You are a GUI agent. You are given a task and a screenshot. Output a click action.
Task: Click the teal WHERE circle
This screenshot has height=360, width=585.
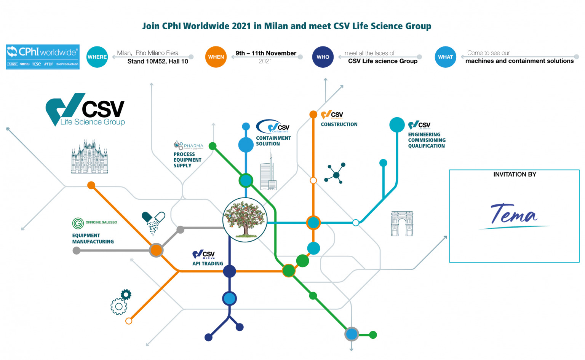coord(97,57)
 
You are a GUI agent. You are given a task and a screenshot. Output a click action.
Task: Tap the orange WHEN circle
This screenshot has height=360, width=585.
coord(216,57)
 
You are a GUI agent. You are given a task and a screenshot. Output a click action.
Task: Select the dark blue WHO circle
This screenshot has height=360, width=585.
coord(323,57)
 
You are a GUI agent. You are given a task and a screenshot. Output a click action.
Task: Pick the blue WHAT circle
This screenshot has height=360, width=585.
coord(445,57)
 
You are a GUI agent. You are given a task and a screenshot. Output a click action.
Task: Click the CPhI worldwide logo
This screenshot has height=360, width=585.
coord(43,57)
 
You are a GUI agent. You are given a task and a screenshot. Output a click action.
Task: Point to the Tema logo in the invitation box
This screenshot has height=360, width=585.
coord(514,215)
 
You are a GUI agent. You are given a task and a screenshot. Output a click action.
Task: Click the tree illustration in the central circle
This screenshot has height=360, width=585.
coord(245,220)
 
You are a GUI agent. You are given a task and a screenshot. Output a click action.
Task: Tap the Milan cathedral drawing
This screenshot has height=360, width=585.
coord(90,157)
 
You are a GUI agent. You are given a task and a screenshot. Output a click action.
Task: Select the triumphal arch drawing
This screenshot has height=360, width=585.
coord(402,224)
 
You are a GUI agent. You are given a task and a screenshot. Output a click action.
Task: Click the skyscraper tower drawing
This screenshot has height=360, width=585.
coord(269,173)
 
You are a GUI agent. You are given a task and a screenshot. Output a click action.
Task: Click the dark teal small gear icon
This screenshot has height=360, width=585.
coord(126,294)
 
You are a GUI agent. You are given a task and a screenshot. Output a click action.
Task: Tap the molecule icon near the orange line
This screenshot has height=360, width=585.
coord(336,174)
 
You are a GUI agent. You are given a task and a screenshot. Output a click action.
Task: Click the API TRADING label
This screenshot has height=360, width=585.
coord(208,264)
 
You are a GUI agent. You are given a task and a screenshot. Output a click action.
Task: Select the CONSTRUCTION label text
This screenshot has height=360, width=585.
coord(339,124)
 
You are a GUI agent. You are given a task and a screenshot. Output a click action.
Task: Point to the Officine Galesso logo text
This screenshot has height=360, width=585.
coord(101,222)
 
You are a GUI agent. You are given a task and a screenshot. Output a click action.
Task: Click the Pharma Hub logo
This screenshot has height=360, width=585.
coord(189,145)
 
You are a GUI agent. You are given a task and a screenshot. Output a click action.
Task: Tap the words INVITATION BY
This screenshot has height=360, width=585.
coord(515,174)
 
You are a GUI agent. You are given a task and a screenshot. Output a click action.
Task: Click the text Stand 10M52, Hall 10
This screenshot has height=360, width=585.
coord(158,61)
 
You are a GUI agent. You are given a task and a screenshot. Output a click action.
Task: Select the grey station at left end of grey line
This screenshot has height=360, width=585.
coord(77,250)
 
